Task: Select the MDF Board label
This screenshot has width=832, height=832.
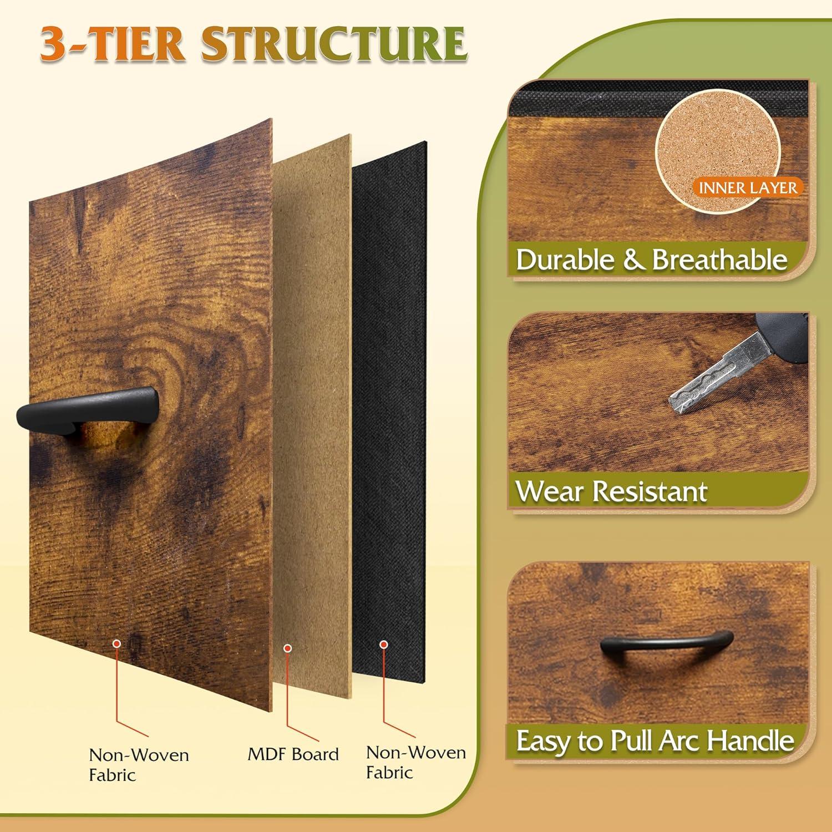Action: pyautogui.click(x=293, y=754)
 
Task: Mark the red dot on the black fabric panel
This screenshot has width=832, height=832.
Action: pyautogui.click(x=383, y=645)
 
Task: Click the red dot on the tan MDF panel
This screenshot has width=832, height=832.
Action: pyautogui.click(x=287, y=647)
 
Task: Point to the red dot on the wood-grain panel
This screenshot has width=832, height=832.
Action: pyautogui.click(x=116, y=643)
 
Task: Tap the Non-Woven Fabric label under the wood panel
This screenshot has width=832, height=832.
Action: pyautogui.click(x=139, y=765)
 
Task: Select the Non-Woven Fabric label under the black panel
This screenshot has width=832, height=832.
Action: pyautogui.click(x=416, y=763)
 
